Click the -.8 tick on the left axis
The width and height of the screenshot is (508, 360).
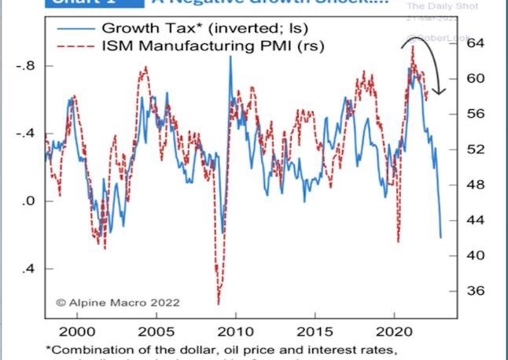tap(26, 66)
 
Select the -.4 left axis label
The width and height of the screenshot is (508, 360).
tap(26, 134)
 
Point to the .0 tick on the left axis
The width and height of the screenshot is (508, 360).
tap(29, 201)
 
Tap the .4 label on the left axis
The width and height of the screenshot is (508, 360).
tap(29, 269)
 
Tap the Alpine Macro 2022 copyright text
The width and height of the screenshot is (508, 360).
tap(117, 302)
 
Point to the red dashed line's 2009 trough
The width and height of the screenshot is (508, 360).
tap(218, 303)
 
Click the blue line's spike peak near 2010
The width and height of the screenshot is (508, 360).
tap(230, 57)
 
